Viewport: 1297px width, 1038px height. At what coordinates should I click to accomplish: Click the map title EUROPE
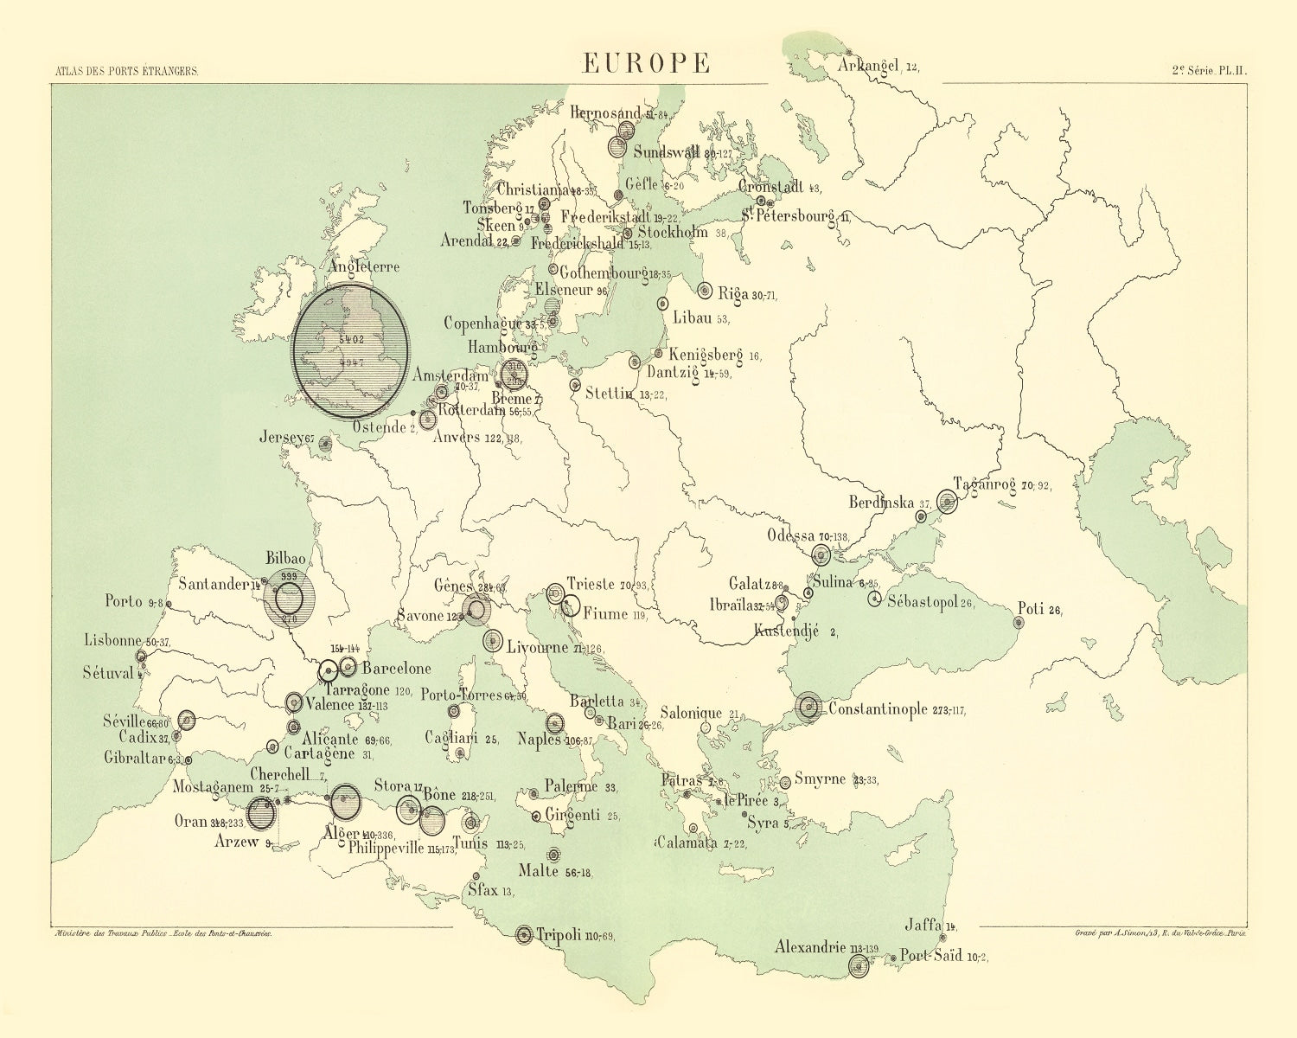646,63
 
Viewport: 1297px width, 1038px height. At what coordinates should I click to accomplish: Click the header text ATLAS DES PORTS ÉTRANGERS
126,73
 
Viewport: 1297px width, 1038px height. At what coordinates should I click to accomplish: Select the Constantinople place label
879,709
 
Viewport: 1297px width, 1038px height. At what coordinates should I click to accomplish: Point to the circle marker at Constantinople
809,708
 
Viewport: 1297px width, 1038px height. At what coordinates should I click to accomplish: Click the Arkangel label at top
869,66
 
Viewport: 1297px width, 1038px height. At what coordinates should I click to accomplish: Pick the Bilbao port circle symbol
289,598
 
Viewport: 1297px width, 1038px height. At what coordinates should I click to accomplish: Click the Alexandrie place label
809,947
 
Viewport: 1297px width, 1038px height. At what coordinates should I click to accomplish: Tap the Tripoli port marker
524,935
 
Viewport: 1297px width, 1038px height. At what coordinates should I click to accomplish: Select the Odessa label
791,535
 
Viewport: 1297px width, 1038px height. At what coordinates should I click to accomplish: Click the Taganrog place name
984,484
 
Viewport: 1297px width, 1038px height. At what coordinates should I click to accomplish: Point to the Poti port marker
1019,622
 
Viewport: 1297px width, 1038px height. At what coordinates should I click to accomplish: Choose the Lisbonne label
113,641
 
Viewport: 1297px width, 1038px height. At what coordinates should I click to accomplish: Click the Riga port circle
704,291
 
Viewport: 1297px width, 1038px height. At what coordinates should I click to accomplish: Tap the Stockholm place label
673,232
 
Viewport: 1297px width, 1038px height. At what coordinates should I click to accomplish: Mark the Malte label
539,870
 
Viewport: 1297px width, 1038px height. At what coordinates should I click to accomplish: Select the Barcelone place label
396,668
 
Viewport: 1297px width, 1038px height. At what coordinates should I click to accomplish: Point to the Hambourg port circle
514,375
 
